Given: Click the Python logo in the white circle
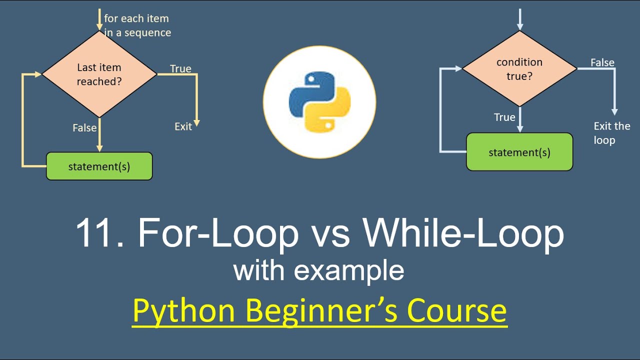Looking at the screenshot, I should coord(319,102).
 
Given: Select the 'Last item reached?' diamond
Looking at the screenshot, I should coord(99,74).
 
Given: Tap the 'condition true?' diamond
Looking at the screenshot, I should coord(519,69).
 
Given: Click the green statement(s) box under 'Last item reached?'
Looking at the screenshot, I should coord(99,166).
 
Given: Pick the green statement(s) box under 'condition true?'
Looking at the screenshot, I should coord(519,152).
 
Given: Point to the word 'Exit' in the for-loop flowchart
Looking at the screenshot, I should coord(183,126).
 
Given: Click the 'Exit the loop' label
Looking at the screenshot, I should coord(611,133).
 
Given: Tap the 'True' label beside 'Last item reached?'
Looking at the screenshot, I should coord(180,68).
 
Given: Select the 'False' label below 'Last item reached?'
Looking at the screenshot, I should coord(84,128).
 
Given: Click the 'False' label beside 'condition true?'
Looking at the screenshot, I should coord(602,62).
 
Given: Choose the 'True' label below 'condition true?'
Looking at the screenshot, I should coord(504,117).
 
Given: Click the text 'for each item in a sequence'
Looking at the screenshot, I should coord(137,25).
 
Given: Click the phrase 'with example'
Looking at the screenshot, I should coord(318,270).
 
